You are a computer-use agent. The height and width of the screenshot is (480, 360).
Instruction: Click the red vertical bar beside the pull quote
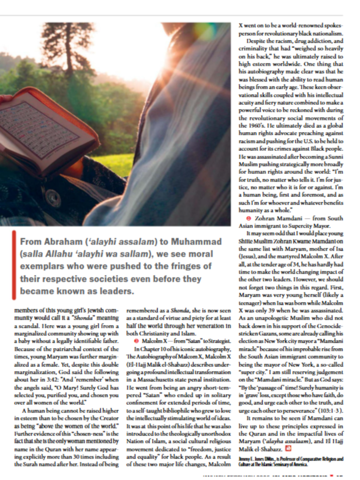pos(14,265)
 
